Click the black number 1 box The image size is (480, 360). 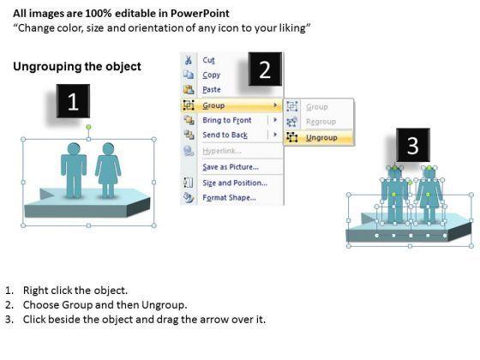(73, 101)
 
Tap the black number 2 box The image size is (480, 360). (265, 69)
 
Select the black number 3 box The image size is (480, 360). (413, 145)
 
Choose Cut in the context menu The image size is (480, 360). (208, 60)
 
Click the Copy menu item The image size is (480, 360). (211, 75)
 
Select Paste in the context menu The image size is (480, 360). (212, 90)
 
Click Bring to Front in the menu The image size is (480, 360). (227, 120)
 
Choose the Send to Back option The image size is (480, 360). (225, 135)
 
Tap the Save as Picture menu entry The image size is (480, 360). (231, 167)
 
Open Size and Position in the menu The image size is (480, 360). (235, 183)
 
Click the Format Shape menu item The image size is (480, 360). (230, 198)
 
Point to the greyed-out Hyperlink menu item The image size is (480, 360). (222, 151)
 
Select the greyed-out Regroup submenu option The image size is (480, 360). (321, 122)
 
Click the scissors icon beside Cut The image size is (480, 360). (189, 60)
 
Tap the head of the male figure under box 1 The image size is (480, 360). (74, 149)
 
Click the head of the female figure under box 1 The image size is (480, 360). (108, 149)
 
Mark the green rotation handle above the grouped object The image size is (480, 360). (88, 127)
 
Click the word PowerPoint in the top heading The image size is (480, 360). (200, 14)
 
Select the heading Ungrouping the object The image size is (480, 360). (77, 67)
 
